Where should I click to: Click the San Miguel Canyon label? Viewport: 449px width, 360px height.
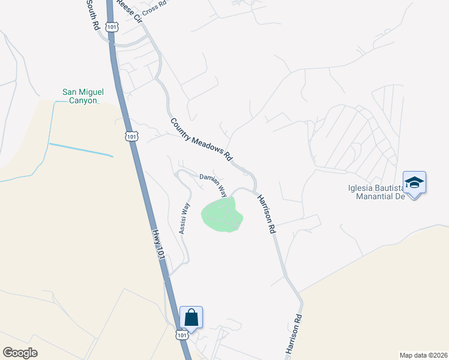coord(83,96)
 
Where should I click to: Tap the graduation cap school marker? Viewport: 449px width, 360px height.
coord(415,182)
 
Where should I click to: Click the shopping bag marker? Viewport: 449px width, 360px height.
coord(191,317)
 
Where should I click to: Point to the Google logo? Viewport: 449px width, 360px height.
coord(20,352)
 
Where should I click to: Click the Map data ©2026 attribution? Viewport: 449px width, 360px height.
coord(423,355)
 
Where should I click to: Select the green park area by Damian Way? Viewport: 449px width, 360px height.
coord(222,215)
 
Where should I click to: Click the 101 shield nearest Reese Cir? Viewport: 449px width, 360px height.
coord(112,26)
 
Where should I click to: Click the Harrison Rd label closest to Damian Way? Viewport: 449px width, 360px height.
coord(266,214)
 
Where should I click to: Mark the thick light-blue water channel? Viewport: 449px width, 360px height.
coord(80,150)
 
